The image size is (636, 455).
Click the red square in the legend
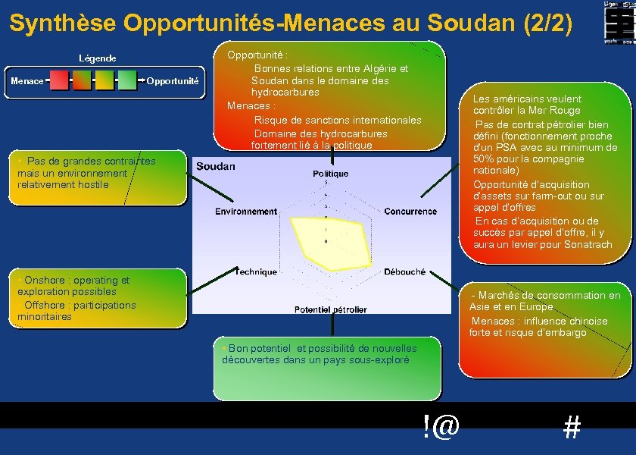point(59,80)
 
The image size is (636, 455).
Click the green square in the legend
point(127,80)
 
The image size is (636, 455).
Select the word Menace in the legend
point(26,80)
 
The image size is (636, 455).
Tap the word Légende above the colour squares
point(98,58)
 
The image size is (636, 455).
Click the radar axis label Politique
point(331,174)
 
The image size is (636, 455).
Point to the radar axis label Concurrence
point(410,212)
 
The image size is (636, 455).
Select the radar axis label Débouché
point(404,271)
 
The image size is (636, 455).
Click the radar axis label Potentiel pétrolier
point(331,309)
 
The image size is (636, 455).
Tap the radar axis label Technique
point(256,271)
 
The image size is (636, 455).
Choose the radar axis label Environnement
point(246,212)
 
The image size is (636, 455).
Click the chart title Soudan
point(216,166)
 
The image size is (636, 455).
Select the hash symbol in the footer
point(572,428)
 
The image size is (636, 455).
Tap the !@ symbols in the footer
point(441,427)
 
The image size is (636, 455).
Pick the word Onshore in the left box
point(45,280)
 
